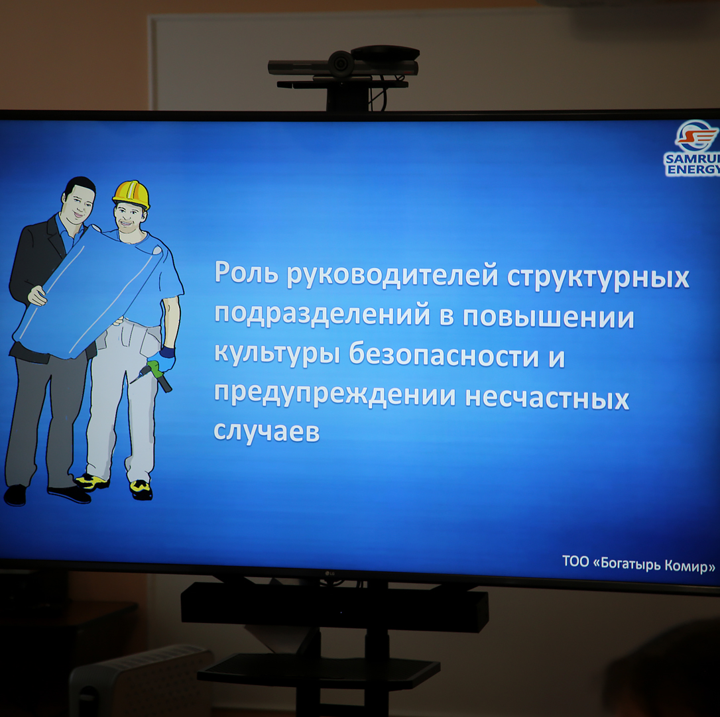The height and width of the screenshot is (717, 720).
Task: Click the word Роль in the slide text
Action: tap(246, 272)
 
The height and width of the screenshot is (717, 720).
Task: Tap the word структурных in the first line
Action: tap(598, 278)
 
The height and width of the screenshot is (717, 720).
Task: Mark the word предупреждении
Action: tap(335, 395)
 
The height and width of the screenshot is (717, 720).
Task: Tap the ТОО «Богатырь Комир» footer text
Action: tap(638, 564)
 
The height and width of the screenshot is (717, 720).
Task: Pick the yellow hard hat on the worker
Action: tap(131, 193)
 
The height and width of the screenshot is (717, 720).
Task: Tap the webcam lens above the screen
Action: tap(341, 63)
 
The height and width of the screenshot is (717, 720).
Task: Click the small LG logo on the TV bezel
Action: tap(330, 573)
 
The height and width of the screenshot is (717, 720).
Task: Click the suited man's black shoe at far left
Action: tap(15, 495)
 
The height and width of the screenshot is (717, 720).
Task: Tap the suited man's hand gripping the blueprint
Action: tap(36, 296)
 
